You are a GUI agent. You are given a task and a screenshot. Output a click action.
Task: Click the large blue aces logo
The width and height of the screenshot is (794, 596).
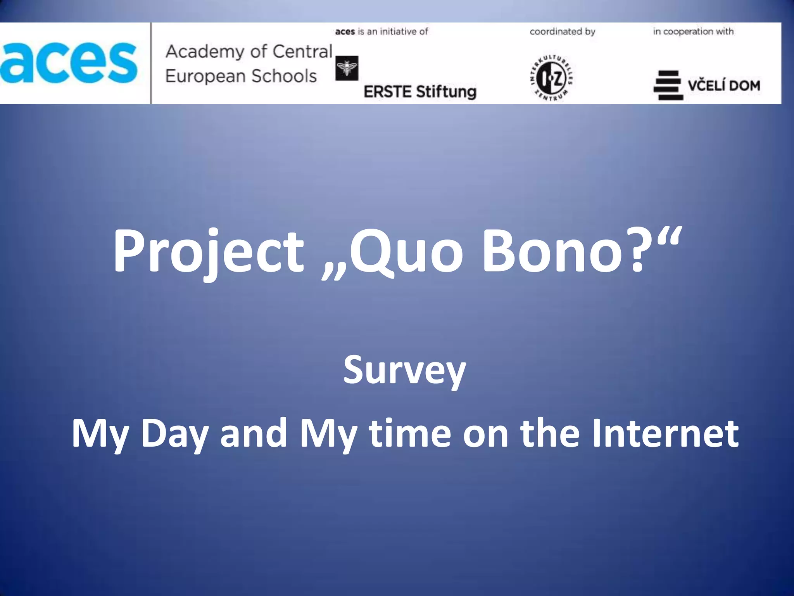click(x=69, y=63)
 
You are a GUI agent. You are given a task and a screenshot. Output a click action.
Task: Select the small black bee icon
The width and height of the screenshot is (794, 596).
click(x=346, y=68)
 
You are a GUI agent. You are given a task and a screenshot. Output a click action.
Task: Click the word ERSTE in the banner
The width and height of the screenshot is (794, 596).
click(x=387, y=92)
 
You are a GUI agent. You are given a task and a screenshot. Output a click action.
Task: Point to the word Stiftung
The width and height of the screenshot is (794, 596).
click(x=446, y=92)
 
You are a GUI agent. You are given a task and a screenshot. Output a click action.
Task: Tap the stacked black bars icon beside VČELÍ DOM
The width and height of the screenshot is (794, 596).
click(x=668, y=85)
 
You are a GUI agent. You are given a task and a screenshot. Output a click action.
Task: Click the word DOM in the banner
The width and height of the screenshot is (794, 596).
click(x=744, y=85)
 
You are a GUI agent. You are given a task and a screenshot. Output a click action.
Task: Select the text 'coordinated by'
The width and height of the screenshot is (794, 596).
click(x=562, y=31)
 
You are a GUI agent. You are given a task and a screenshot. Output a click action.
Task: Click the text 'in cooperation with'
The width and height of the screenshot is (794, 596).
click(x=693, y=31)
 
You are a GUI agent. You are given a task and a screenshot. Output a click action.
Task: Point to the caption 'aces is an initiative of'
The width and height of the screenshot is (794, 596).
click(x=381, y=31)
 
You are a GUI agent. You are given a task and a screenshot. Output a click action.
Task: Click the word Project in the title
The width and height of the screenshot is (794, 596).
click(x=208, y=251)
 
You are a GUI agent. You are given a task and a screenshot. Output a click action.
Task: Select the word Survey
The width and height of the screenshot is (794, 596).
click(x=404, y=371)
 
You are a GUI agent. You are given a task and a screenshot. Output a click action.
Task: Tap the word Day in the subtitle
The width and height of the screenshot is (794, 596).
click(x=174, y=434)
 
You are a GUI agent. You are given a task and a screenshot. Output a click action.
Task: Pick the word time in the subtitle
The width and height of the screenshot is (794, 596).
click(x=410, y=433)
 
